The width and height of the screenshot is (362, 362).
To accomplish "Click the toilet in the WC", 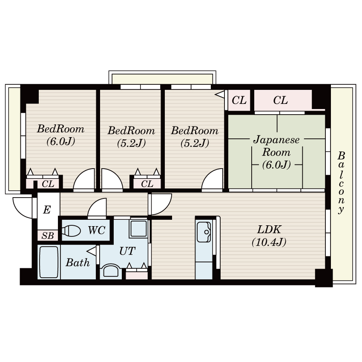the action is (x=71, y=231).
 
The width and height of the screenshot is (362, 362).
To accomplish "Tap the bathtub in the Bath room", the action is (x=49, y=262).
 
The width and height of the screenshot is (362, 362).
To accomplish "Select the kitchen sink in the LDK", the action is (x=204, y=232).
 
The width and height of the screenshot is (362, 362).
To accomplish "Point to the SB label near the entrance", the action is (x=48, y=236).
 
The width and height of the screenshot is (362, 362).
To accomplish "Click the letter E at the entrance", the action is (x=47, y=210).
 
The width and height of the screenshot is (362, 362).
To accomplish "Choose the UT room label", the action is (x=127, y=251).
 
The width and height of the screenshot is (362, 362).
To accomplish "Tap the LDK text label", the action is (x=269, y=230).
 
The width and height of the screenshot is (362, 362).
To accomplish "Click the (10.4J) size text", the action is (x=269, y=242).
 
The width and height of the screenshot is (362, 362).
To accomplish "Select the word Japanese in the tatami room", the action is (x=276, y=140).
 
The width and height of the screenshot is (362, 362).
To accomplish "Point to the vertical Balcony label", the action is (x=341, y=183).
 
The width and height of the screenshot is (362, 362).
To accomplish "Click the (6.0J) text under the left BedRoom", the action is (x=61, y=141).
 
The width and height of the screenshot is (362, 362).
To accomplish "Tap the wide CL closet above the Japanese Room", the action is (x=283, y=100).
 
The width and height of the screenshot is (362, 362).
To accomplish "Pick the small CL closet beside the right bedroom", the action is (x=239, y=100).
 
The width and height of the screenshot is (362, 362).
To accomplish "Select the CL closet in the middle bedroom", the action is (x=147, y=184).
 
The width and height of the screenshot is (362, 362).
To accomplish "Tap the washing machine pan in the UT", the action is (x=138, y=229).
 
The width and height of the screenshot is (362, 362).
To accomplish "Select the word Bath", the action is (x=78, y=262).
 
